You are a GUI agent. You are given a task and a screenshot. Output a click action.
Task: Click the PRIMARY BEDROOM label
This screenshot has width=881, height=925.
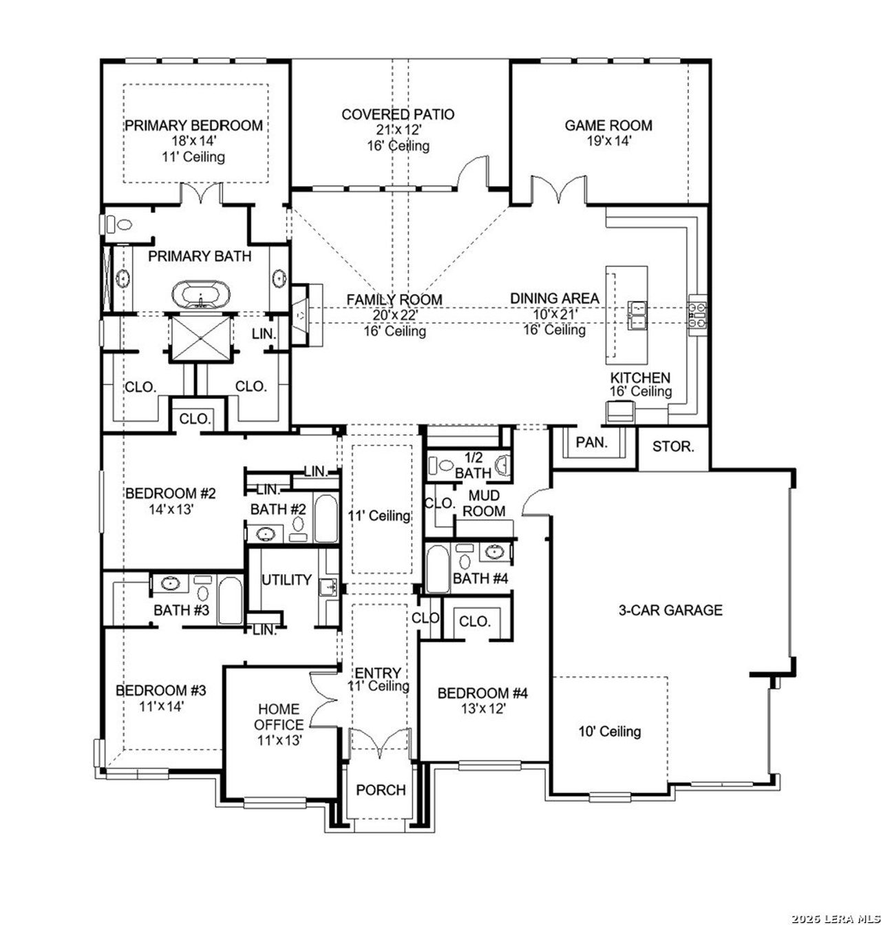point(193,125)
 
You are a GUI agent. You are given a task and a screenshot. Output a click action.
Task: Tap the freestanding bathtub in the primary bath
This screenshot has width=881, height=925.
point(200,295)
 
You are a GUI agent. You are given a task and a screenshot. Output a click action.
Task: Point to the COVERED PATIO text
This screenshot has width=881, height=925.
point(398,114)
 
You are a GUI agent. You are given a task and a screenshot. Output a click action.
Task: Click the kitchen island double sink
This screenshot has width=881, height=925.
point(637,314)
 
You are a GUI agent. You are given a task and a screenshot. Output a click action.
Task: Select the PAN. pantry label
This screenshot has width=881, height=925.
point(592,443)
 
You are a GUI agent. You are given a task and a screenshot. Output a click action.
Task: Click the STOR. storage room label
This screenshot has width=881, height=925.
point(672,446)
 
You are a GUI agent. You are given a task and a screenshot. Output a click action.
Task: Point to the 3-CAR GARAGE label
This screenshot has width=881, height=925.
point(670,610)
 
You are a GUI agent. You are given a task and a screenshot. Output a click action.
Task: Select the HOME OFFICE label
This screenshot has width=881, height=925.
point(279,716)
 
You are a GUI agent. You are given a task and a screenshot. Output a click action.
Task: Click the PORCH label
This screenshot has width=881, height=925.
point(381,790)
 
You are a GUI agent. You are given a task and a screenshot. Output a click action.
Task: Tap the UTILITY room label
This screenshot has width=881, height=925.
point(286,580)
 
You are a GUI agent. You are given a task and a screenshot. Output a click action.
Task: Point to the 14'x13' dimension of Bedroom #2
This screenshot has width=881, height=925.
point(170,510)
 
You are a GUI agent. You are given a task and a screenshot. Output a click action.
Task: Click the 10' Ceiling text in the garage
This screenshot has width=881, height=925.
point(609,731)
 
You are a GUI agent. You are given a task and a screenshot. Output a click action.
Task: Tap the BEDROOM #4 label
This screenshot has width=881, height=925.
point(482,693)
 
